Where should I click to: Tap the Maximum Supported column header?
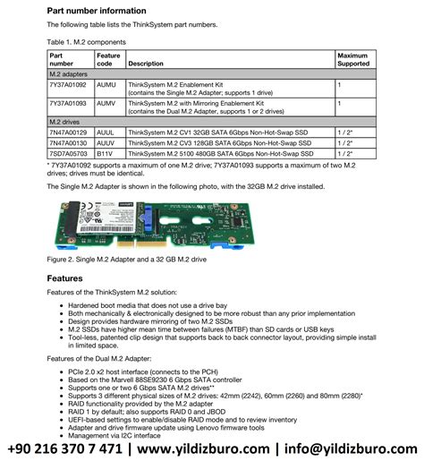point(353,59)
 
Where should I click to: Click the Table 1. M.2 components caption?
point(89,41)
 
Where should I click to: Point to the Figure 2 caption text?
point(126,259)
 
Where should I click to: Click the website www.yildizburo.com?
point(208,448)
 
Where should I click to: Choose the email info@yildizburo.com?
point(354,448)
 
